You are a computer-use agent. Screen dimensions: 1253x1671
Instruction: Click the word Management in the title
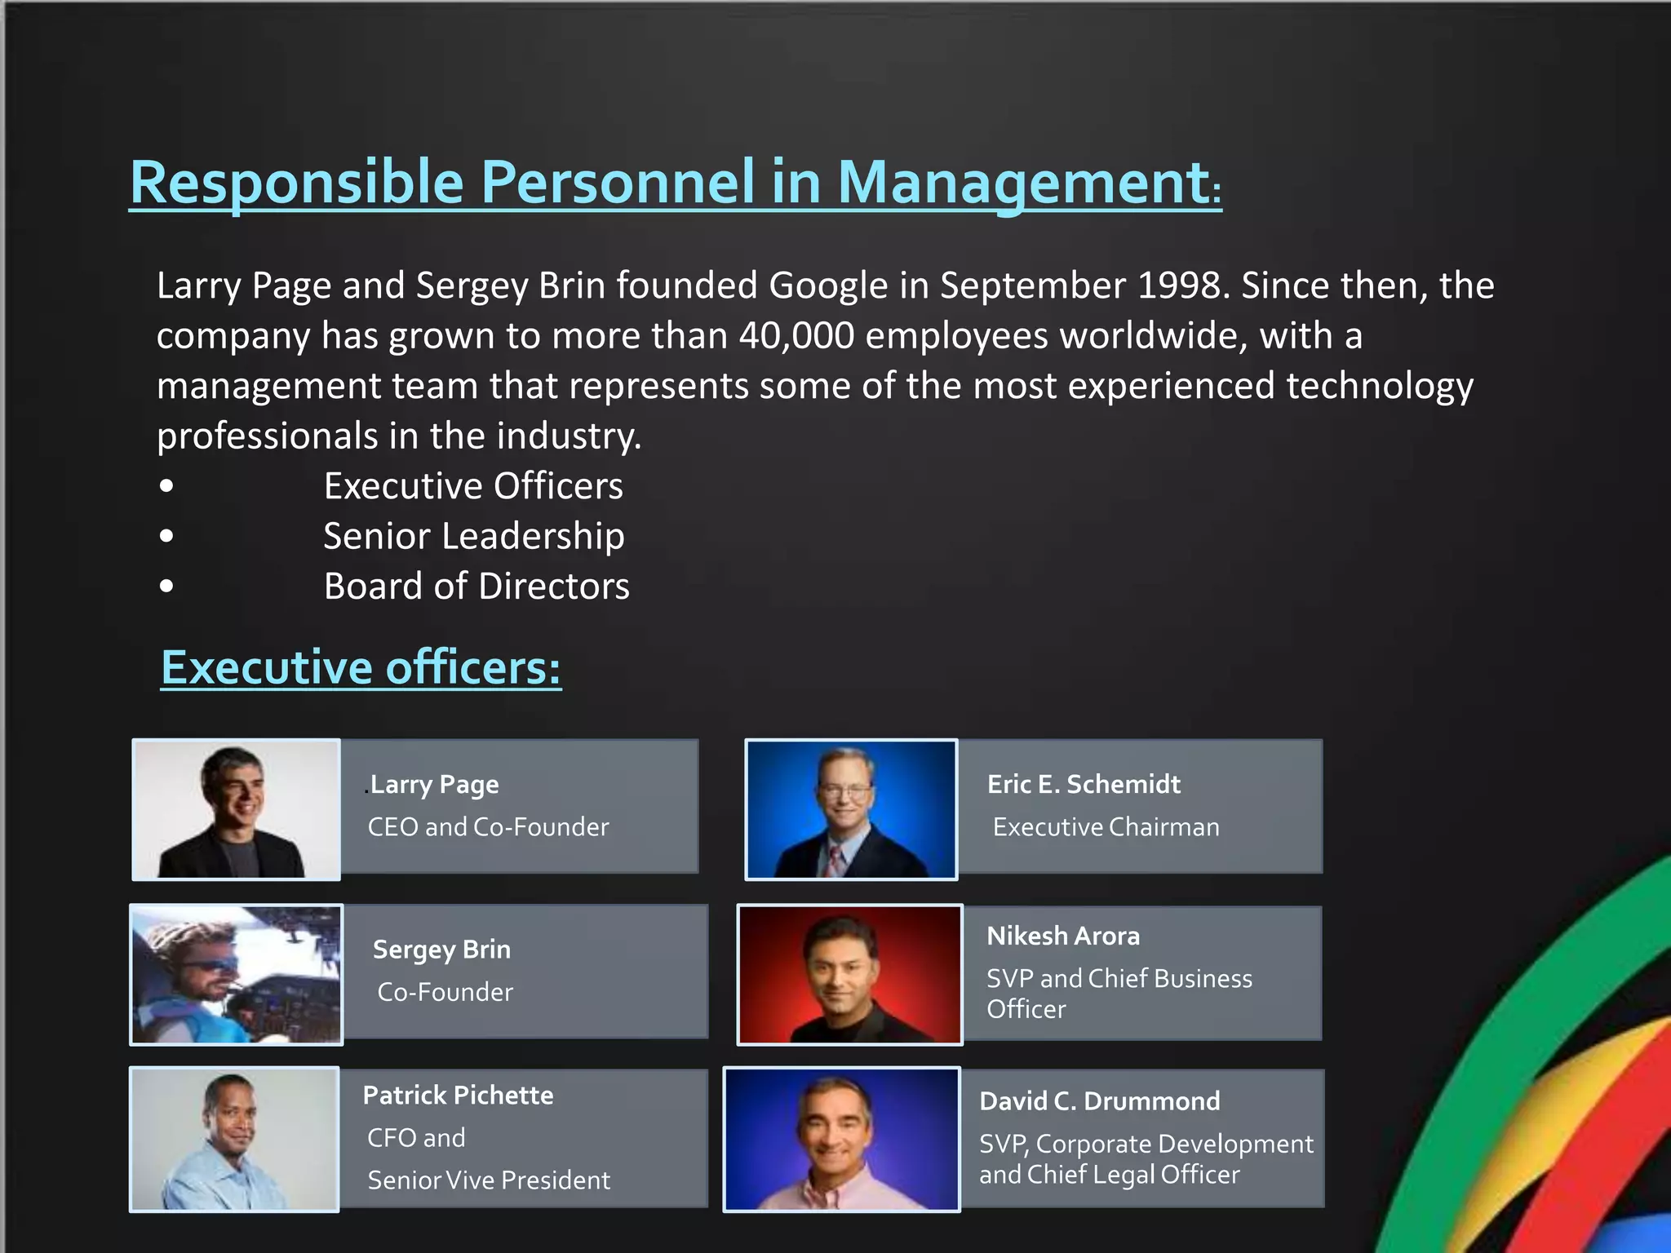tap(1024, 183)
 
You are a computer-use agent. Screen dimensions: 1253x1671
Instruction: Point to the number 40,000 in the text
tap(796, 336)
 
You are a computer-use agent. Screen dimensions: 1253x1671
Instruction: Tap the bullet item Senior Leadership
tap(473, 537)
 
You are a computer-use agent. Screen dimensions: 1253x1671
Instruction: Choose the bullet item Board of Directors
tap(476, 587)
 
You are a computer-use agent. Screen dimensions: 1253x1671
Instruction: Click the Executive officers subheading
tap(361, 668)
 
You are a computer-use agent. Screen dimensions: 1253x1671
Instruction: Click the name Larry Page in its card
tap(434, 785)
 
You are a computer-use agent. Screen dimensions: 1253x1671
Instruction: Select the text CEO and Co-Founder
tap(488, 827)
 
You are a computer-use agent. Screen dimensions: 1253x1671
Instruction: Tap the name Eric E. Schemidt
tap(1084, 785)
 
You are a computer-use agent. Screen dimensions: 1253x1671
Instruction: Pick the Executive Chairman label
tap(1106, 827)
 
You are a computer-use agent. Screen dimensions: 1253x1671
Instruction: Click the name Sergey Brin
tap(441, 950)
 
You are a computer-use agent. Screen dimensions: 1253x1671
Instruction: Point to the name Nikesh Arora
tap(1063, 936)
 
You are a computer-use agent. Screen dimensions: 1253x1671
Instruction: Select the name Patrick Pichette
tap(458, 1096)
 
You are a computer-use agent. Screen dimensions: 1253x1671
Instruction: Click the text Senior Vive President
tap(489, 1180)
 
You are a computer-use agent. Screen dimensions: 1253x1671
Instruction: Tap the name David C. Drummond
tap(1100, 1101)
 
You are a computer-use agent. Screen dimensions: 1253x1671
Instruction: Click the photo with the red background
tap(849, 975)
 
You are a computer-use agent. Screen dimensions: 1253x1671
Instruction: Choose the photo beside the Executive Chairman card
tap(851, 809)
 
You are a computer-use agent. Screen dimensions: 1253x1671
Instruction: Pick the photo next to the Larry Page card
tap(236, 809)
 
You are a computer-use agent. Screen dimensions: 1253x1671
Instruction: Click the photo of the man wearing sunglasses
tap(236, 975)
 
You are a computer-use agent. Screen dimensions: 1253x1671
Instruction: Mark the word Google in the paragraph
tap(828, 286)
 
